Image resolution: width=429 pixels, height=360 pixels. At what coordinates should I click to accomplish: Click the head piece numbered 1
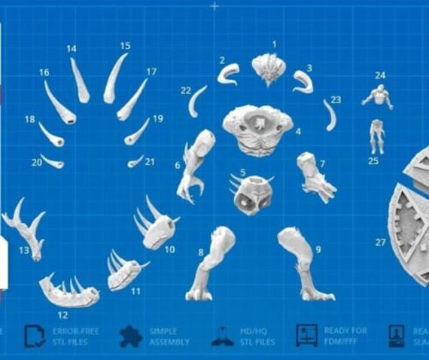point(268,69)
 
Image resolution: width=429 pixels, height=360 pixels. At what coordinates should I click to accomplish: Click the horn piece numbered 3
point(303,81)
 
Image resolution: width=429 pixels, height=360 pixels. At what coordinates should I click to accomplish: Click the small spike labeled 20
point(51,161)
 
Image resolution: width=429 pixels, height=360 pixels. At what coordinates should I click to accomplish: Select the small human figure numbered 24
point(379,96)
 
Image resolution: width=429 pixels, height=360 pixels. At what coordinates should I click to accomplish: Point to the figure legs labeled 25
point(377,136)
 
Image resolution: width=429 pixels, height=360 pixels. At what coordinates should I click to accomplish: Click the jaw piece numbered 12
point(69,291)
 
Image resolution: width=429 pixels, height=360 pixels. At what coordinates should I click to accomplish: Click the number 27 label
point(379,242)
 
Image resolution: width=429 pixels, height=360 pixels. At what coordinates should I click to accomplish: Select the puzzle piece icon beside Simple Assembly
point(131,336)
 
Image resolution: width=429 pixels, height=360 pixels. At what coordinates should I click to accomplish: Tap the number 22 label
point(185,90)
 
